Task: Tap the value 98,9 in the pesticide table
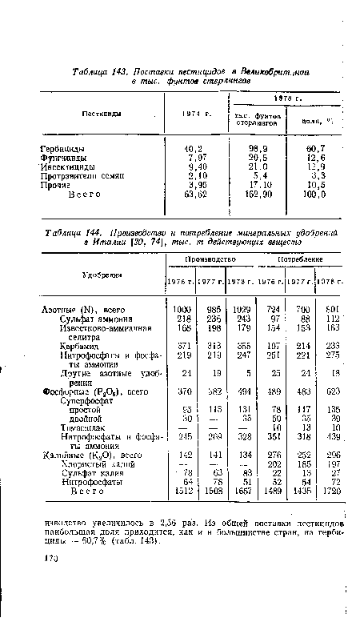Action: [x=255, y=149]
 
